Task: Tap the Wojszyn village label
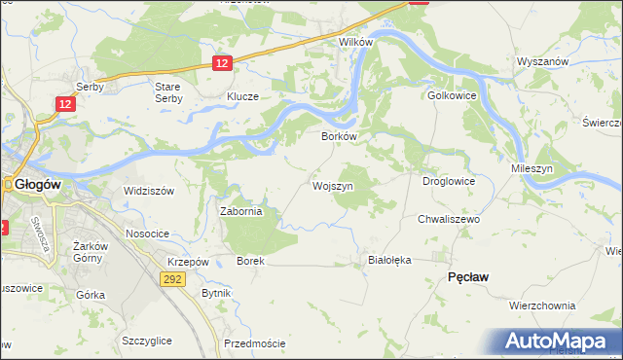[332, 185]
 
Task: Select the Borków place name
[341, 137]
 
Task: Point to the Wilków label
[355, 44]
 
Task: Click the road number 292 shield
[171, 278]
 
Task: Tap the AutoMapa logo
[558, 342]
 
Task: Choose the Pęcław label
[467, 277]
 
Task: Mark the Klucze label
[242, 97]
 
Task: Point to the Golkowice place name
[450, 96]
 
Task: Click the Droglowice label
[448, 180]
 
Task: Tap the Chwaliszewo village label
[450, 220]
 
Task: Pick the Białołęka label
[390, 260]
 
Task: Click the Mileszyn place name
[532, 168]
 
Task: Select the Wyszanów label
[543, 60]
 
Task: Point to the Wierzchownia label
[542, 305]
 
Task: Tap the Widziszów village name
[148, 191]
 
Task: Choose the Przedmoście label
[254, 343]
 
